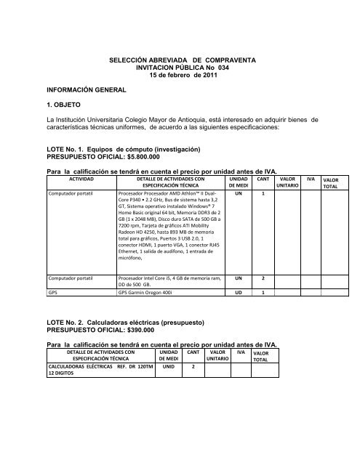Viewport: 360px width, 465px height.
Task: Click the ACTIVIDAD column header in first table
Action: tap(81, 177)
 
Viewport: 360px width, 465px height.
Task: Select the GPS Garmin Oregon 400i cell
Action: tap(151, 354)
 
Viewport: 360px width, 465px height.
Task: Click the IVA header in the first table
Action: tap(311, 177)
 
